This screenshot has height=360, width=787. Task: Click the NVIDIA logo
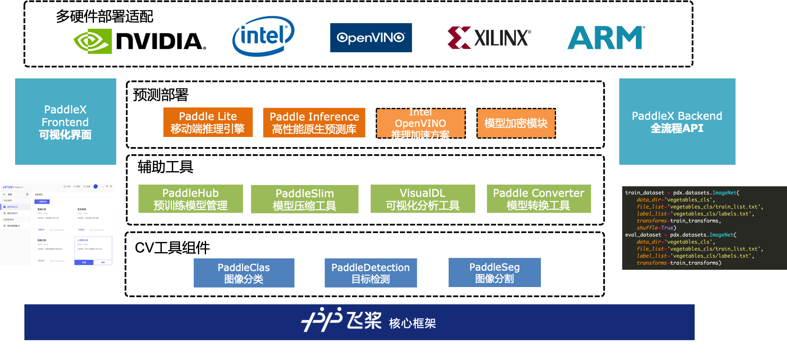(139, 41)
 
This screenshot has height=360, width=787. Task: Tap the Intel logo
(263, 36)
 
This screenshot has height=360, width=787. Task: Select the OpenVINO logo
(371, 38)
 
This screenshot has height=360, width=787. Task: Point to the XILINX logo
(488, 38)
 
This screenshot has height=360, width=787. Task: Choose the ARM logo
(605, 38)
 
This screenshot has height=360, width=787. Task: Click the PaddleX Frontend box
(65, 121)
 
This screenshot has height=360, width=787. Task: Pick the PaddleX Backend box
(677, 121)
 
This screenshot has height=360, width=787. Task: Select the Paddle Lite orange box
(208, 122)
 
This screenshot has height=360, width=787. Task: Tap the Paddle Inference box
(314, 123)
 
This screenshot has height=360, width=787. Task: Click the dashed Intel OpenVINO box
(420, 123)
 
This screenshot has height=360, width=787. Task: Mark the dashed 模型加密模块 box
(516, 123)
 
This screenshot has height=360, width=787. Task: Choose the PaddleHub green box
(190, 199)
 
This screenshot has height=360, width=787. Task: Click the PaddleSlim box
(304, 199)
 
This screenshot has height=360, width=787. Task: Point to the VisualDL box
(423, 199)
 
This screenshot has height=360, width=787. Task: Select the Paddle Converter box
(538, 199)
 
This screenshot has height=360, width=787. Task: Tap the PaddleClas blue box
(244, 273)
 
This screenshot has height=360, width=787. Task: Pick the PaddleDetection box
(370, 273)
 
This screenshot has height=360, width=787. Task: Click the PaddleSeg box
(494, 272)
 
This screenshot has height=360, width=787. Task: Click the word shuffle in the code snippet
(647, 228)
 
